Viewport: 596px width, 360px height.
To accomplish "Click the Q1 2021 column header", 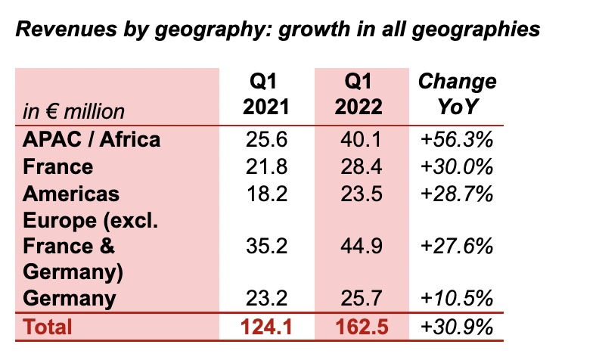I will [x=265, y=95].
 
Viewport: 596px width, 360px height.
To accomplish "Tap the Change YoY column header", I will [x=457, y=95].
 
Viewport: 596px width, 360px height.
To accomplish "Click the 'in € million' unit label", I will [x=73, y=111].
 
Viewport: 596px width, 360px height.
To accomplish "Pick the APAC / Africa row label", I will [x=92, y=139].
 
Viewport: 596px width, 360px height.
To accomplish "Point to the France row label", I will [x=58, y=166].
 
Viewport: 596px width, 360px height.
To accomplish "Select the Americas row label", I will [x=71, y=193].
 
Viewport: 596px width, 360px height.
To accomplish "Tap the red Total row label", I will [x=48, y=327].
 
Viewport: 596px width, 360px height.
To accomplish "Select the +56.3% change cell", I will [x=457, y=139].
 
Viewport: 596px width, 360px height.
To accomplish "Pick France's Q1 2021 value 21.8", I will [x=265, y=166].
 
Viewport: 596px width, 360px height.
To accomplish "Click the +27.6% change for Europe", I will [x=457, y=246].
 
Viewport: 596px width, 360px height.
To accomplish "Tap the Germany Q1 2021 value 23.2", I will [x=265, y=299].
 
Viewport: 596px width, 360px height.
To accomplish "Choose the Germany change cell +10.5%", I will [x=457, y=299].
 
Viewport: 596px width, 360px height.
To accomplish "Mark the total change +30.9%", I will [x=457, y=327].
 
